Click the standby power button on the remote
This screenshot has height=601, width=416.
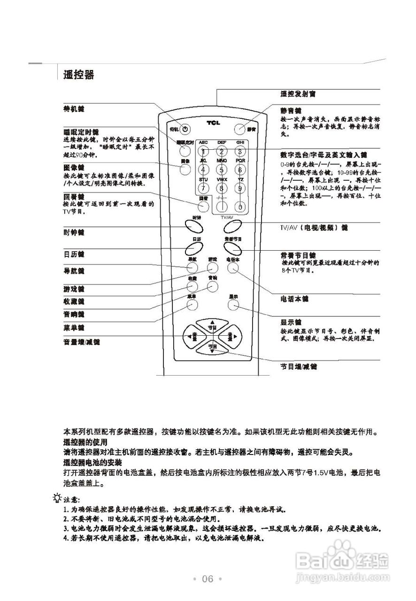[185, 128]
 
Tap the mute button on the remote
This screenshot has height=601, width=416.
[239, 128]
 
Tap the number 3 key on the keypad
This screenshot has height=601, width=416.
[240, 151]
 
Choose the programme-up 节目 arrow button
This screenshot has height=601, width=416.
[212, 325]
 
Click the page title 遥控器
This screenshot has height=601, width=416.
[79, 75]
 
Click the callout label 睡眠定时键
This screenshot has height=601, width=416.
[81, 132]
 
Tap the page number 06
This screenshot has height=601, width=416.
[208, 578]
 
